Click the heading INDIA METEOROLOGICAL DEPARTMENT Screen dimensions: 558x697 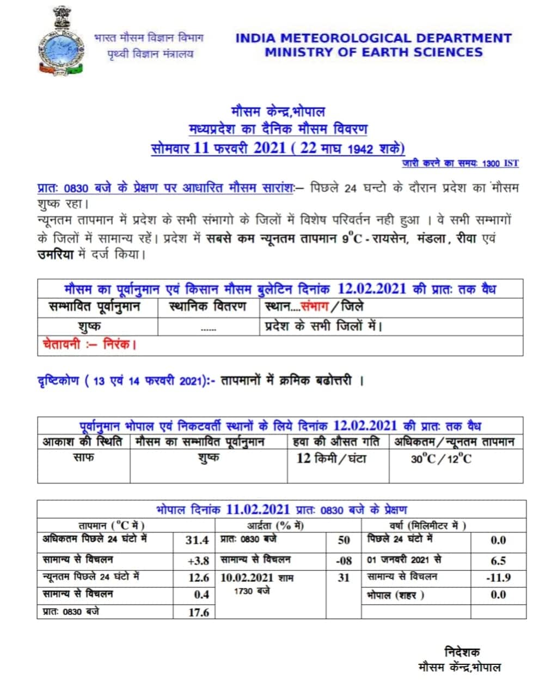coord(373,38)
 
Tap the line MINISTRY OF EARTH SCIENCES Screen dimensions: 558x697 coord(373,52)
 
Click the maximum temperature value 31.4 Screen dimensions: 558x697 coord(197,540)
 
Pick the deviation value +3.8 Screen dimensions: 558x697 coord(198,561)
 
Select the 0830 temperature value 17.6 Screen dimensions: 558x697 coord(198,613)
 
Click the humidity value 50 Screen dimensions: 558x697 coord(344,540)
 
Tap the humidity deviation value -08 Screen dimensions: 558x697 coord(344,561)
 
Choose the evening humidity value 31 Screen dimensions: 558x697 coord(344,578)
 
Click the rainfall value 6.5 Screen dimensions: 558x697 coord(498,561)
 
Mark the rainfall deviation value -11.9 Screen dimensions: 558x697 coord(498,578)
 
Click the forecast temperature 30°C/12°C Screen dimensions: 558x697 coord(441,459)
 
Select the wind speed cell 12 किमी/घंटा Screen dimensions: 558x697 coord(331,458)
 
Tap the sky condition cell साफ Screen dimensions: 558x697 coord(83,457)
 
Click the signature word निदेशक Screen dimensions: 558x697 coord(462,652)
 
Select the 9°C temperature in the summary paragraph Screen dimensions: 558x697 coord(352,239)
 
